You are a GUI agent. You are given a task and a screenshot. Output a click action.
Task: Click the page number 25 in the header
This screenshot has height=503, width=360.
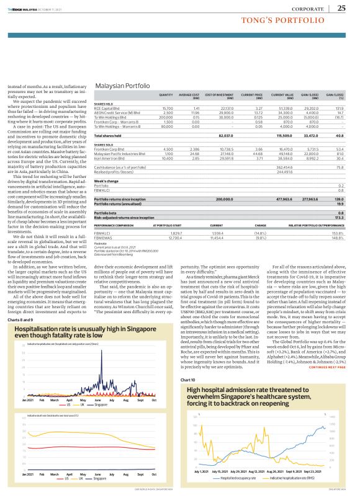coord(341,7)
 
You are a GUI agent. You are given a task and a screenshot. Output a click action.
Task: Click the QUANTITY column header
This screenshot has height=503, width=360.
coord(166,94)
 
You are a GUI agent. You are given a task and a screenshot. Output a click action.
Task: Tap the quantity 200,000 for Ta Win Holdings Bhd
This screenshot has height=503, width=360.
coord(164,115)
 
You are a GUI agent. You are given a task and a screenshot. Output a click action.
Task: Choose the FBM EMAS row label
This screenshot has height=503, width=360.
coord(102,238)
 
